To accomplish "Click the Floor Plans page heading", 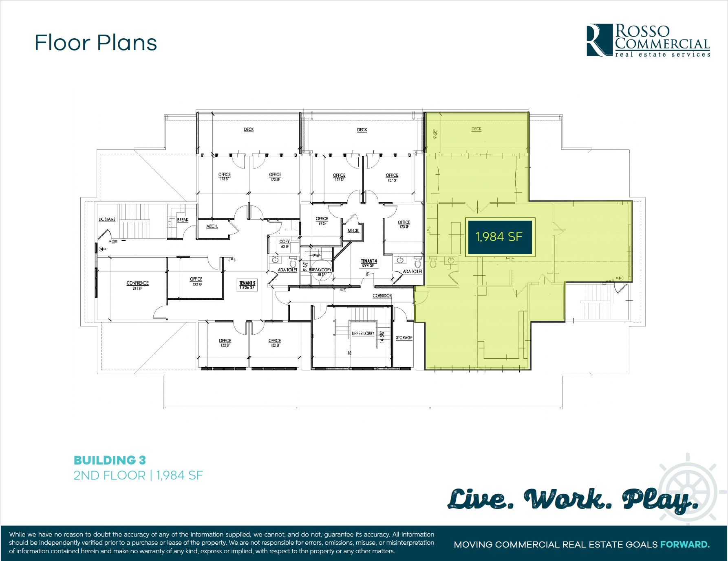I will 96,43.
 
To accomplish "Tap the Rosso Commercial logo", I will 648,40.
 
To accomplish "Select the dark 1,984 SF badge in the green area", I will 499,237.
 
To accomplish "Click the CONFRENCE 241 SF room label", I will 137,285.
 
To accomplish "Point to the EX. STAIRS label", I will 107,219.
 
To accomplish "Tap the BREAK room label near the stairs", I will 183,220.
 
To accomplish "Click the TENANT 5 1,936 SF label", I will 247,285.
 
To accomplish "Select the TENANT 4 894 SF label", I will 369,263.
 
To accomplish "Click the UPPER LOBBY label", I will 363,333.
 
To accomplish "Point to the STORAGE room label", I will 404,337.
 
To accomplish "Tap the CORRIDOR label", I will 382,296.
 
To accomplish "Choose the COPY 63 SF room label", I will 285,243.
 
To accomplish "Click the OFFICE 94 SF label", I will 322,221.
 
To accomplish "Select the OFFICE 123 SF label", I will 404,224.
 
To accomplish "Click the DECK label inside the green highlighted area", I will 476,129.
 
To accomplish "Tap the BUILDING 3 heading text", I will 110,460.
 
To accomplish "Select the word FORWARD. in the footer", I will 685,544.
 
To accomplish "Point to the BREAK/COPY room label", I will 320,270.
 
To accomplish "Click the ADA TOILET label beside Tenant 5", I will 287,270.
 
